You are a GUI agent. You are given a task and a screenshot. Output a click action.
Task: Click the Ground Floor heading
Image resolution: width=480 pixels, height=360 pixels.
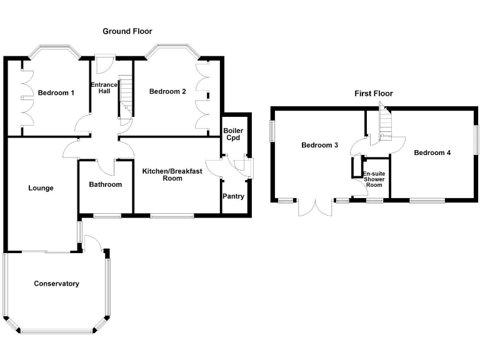127,31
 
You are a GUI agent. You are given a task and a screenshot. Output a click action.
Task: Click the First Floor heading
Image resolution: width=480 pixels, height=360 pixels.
374,94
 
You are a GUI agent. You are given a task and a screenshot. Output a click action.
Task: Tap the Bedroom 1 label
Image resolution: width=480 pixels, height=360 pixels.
56,93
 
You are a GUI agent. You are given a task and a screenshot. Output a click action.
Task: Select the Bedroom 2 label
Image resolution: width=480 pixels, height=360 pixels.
167,92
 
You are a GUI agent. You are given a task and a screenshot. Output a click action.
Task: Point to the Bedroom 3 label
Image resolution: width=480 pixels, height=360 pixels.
319,146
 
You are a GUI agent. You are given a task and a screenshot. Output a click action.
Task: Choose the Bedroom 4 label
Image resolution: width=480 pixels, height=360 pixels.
432,153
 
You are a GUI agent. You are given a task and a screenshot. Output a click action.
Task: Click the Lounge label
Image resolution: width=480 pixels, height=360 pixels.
41,188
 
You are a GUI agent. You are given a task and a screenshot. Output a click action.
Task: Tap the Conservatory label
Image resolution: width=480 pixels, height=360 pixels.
56,284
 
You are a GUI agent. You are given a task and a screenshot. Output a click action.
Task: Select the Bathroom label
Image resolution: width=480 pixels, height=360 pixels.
105,185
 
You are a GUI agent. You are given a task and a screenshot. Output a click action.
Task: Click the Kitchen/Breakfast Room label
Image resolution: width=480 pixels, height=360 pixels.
172,174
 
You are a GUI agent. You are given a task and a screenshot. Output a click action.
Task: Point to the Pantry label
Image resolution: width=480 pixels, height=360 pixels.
233,197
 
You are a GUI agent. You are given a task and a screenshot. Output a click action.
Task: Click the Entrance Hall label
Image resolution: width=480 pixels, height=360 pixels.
101,88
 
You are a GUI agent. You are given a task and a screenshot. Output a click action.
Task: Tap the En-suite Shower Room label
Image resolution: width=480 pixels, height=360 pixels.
374,179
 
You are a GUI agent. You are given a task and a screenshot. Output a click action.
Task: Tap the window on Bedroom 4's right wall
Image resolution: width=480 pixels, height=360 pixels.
476,137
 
